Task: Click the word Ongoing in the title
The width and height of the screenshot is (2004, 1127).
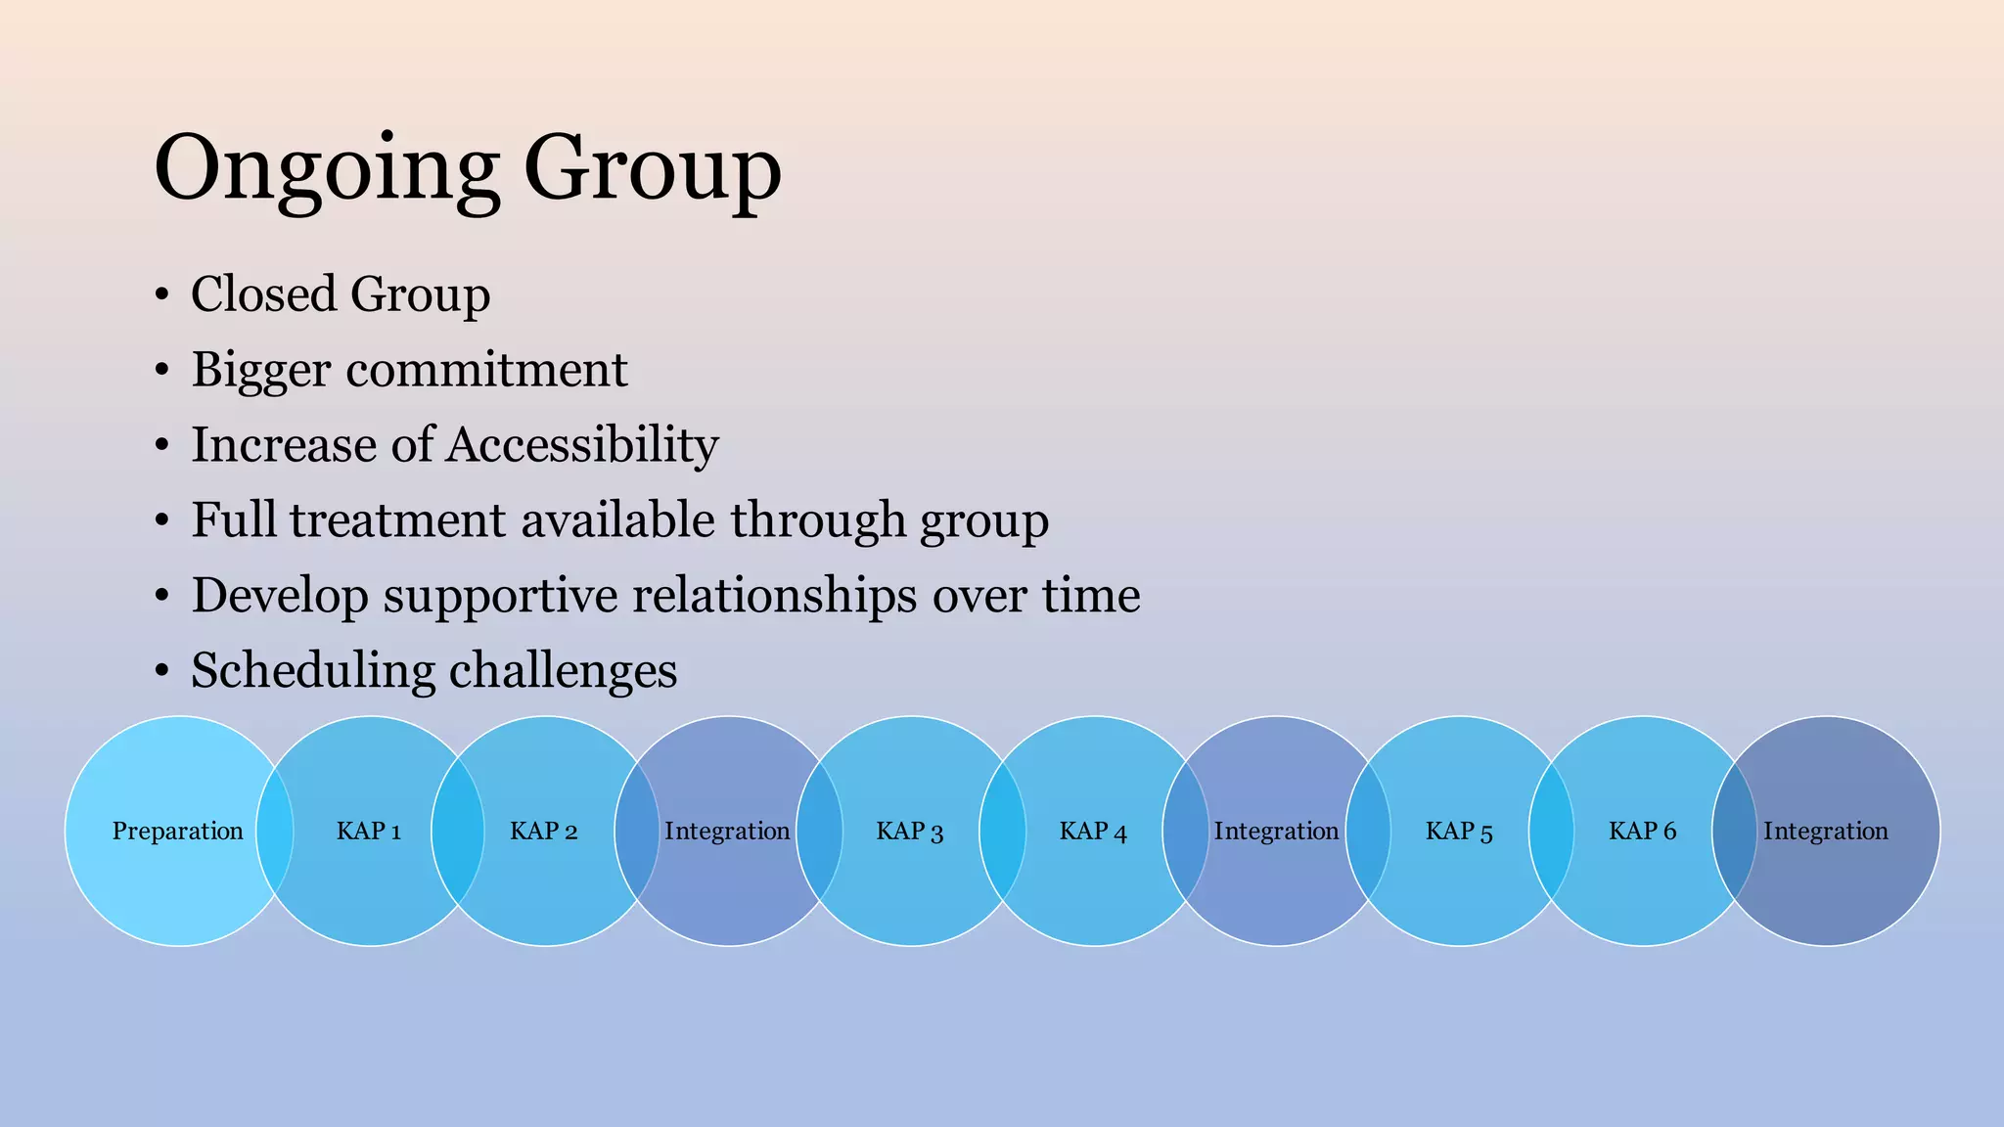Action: coord(326,168)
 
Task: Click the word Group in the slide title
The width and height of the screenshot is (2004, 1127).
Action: coord(653,168)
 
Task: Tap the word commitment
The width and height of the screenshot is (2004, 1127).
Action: coord(486,370)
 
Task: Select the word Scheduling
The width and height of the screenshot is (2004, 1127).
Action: coord(313,671)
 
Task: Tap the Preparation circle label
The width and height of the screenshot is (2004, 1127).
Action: coord(177,832)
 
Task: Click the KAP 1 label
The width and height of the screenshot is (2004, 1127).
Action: coord(369,832)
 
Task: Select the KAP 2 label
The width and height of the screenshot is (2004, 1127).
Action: coord(544,832)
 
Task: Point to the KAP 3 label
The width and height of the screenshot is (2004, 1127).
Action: coord(910,832)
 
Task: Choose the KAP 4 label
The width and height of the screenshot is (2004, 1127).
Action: coord(1093,832)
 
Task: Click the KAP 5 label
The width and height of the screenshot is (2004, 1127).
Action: coord(1459,832)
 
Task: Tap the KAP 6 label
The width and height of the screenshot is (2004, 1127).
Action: coord(1643,832)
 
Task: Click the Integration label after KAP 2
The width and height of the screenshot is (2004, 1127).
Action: coord(727,832)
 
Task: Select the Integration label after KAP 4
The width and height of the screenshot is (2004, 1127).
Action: coord(1276,832)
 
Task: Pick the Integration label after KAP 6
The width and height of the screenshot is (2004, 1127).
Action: coord(1826,832)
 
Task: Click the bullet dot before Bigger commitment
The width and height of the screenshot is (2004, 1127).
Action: coord(162,371)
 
